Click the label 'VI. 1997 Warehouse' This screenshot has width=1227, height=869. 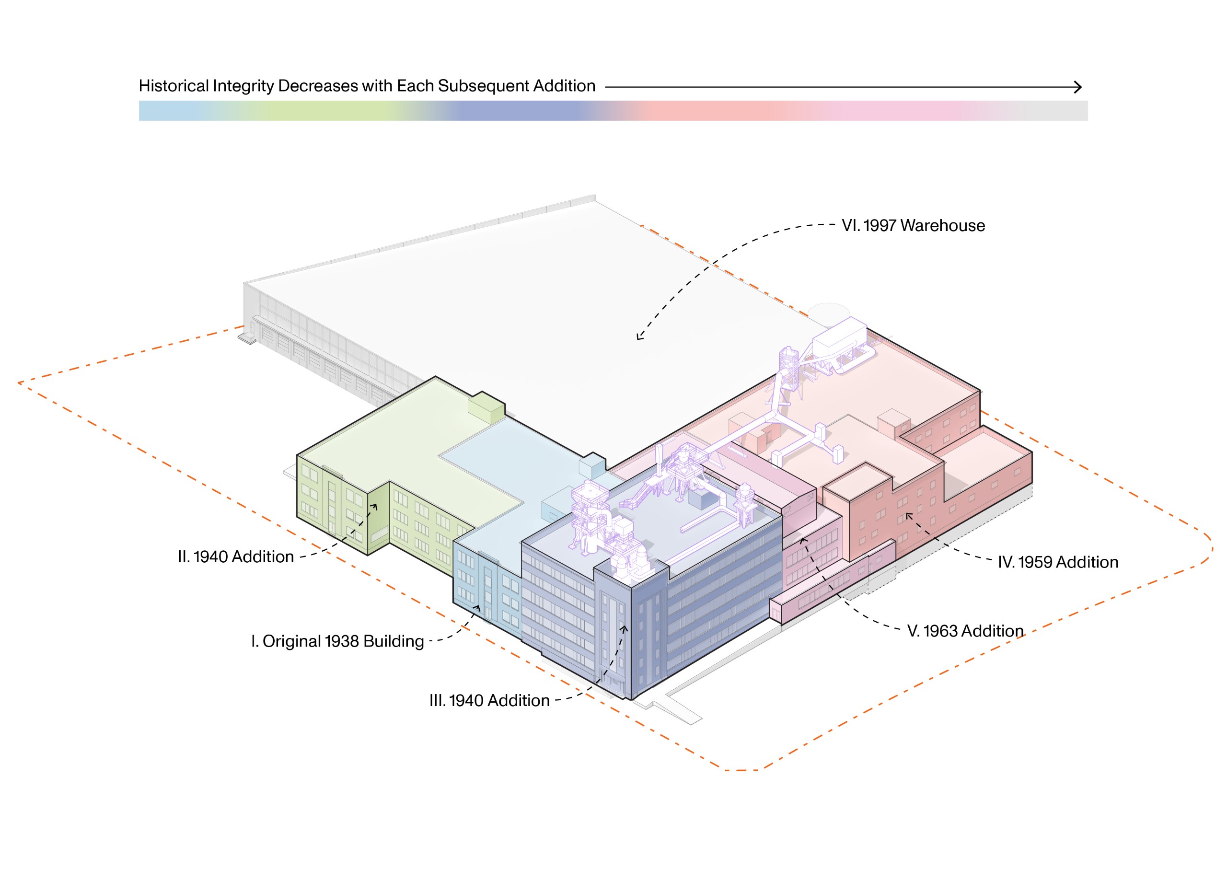(913, 226)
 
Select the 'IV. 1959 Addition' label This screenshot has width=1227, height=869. (1058, 562)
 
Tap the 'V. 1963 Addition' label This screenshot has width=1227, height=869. (965, 631)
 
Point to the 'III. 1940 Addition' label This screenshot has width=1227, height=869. (489, 701)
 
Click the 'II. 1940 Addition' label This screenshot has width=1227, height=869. (236, 557)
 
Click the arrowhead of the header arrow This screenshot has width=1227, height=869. (1078, 87)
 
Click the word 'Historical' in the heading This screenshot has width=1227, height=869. (174, 86)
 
